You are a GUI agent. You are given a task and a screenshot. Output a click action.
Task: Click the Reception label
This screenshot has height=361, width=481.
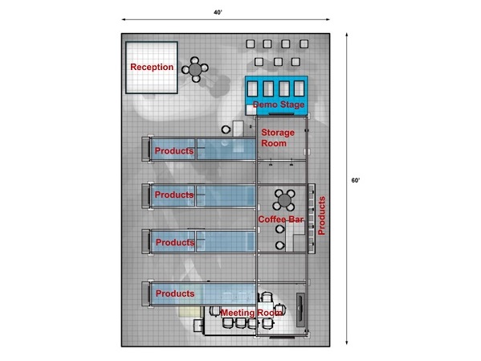[152, 67]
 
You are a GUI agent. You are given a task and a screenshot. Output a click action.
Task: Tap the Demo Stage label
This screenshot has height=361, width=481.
[279, 105]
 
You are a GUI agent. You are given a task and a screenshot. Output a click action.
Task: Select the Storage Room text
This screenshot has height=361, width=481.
[278, 138]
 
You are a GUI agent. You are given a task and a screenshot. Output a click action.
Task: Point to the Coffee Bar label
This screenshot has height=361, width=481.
[281, 219]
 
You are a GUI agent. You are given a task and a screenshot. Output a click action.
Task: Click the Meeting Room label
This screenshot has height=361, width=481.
[251, 313]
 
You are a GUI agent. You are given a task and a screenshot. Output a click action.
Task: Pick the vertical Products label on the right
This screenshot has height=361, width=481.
[321, 215]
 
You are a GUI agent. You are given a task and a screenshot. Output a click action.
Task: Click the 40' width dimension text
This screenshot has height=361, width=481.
[218, 12]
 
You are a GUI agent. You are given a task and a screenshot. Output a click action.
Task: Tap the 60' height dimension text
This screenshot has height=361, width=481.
[356, 180]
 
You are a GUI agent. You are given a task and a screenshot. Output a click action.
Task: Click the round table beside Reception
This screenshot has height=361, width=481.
[195, 69]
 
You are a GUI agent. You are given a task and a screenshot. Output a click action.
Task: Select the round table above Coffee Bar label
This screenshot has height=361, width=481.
[284, 200]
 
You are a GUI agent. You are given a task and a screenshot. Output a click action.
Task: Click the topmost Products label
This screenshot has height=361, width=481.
[174, 151]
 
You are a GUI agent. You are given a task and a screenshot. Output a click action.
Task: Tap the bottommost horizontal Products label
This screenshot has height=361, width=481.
[175, 293]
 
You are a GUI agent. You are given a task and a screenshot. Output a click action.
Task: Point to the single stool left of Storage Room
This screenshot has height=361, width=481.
[226, 129]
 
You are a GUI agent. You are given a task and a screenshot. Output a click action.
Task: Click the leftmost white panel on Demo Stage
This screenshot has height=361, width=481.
[252, 88]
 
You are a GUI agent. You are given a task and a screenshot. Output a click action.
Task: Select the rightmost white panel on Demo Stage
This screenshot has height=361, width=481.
[299, 88]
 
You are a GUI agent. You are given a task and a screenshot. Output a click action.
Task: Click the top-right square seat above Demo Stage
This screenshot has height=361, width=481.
[304, 44]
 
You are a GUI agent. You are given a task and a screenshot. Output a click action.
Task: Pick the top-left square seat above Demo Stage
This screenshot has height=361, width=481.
[251, 44]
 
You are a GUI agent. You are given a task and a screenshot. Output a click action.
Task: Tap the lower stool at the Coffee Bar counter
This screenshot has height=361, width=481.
[279, 245]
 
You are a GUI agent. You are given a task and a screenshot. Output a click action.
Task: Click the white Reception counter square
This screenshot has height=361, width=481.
[152, 68]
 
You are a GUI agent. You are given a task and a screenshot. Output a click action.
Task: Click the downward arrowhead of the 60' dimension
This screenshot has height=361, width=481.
[347, 343]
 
